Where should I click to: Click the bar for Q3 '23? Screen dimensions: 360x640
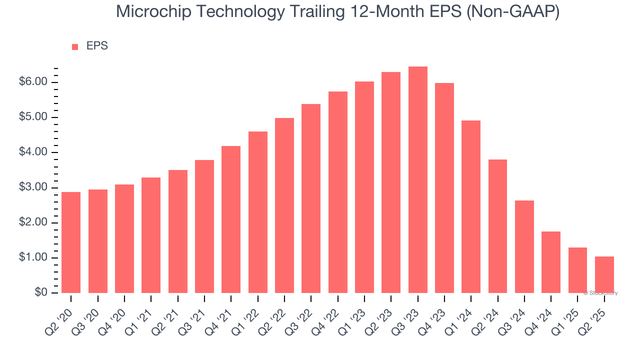click(418, 180)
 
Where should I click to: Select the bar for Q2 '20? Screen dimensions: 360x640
click(71, 242)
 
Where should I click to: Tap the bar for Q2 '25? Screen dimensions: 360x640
click(604, 274)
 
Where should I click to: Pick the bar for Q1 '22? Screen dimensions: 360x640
click(258, 212)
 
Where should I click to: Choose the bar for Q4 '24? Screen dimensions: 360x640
click(551, 262)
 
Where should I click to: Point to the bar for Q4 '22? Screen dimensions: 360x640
click(338, 192)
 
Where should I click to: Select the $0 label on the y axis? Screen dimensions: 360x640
click(41, 293)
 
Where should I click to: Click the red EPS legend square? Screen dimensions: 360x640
click(75, 47)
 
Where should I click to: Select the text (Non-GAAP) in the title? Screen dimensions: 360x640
click(513, 11)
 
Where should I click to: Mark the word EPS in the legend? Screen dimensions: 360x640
click(97, 46)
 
